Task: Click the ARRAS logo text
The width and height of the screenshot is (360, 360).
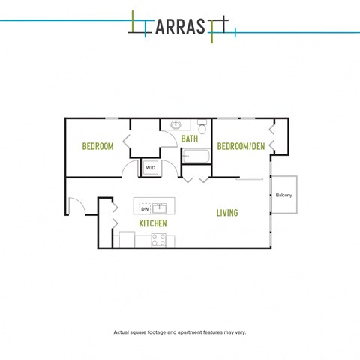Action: (180, 26)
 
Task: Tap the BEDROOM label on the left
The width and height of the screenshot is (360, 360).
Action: (97, 146)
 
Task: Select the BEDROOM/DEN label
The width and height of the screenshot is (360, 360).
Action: (241, 146)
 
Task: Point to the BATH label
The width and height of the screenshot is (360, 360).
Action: (190, 139)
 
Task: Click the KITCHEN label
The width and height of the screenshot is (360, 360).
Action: (153, 223)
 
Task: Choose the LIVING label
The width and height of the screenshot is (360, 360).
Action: (227, 213)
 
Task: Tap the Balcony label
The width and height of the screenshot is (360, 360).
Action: (284, 195)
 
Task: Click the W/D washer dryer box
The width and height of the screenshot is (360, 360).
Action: (151, 168)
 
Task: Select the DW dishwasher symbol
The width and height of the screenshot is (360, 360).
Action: (145, 209)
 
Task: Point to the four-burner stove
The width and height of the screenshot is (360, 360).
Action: (159, 240)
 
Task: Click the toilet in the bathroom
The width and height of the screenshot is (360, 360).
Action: (202, 127)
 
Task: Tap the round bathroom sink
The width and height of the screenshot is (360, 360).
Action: (175, 124)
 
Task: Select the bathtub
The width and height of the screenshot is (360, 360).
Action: (196, 156)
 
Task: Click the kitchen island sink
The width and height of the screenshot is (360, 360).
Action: (159, 208)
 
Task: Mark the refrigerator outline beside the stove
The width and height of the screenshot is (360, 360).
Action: (127, 239)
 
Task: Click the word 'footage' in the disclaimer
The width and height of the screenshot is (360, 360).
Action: (157, 332)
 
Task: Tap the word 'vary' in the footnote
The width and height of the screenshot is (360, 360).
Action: (241, 332)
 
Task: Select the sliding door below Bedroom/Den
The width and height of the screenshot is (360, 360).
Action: (250, 178)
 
